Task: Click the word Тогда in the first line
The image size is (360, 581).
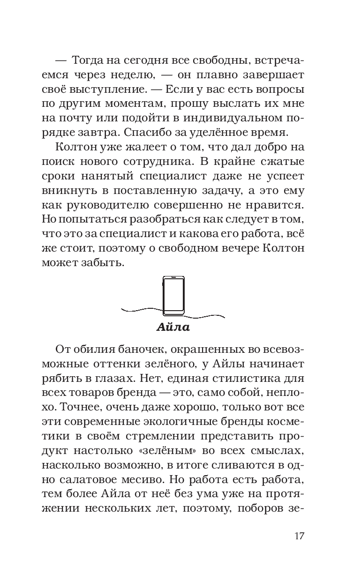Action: tap(88, 60)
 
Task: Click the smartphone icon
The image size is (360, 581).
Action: tap(173, 294)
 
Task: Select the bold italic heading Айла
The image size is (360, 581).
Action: tap(173, 328)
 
